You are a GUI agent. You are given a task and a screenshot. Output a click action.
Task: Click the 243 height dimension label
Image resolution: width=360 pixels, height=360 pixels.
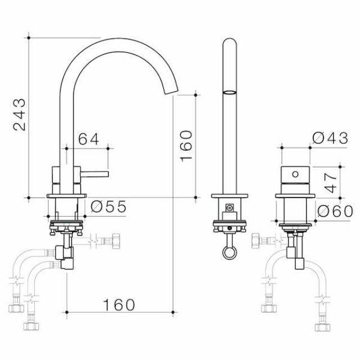20,115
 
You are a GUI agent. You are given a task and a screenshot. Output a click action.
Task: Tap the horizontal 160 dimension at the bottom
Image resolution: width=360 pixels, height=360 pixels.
119,304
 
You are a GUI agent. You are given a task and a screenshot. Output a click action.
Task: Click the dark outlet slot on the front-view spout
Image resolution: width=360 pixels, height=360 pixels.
229,91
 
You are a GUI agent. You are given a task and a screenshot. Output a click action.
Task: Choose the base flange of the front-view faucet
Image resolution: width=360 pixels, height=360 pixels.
229,196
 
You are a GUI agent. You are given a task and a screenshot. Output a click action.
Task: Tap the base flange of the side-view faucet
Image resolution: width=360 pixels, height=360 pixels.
67,196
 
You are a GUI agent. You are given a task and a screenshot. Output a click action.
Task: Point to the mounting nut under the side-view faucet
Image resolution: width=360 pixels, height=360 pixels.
67,227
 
